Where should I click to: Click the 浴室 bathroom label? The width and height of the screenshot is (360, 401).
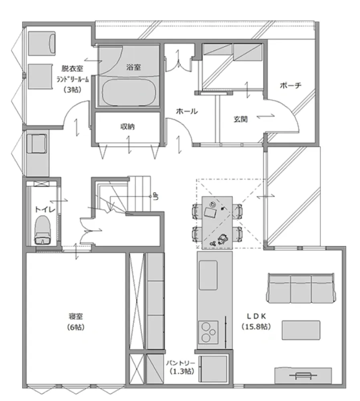133,67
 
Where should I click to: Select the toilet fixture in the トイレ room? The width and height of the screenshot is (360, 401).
42,230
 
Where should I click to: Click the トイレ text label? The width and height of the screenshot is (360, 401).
45,210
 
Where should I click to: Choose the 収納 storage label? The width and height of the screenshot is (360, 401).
127,127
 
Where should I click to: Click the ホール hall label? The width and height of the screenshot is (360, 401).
187,111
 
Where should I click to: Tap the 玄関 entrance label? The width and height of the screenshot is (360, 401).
241,119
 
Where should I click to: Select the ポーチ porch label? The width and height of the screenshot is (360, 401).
291,85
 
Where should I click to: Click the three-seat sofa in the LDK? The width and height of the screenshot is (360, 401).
301,288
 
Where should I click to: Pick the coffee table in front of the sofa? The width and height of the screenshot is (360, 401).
301,330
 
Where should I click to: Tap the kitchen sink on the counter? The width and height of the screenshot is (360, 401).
208,275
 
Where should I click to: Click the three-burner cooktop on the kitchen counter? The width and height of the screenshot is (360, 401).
208,332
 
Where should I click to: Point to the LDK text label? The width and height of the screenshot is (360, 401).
257,316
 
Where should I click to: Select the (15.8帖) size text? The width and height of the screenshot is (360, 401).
256,326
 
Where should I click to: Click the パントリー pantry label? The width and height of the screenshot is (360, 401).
180,363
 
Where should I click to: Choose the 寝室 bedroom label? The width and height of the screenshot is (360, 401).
76,317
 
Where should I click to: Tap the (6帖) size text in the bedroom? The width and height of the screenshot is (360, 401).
76,327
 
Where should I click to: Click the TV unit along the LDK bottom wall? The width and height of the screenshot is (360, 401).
303,375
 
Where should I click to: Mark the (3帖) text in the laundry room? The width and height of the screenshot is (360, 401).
73,90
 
